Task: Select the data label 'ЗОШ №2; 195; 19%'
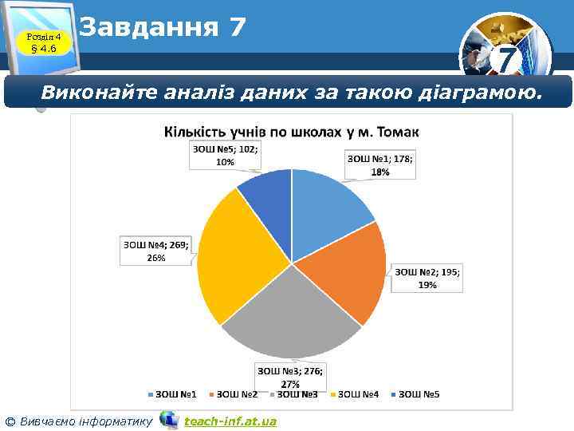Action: coord(427,278)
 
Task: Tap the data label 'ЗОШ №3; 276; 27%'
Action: coord(295,377)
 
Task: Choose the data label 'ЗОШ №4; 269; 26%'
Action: coord(156,251)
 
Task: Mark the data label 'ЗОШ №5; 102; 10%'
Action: coord(226,155)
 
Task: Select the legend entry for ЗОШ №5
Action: coord(416,394)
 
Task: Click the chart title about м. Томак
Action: coord(292,131)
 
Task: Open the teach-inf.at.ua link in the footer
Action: coord(230,421)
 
